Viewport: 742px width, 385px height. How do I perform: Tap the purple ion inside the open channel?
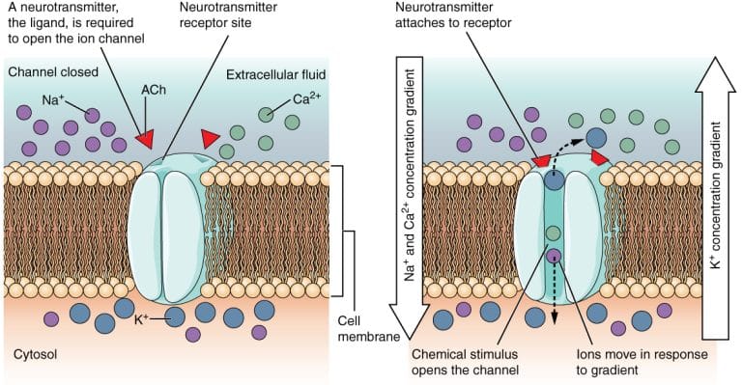tap(554, 257)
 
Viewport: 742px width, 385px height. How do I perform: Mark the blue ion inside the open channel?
tap(553, 179)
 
